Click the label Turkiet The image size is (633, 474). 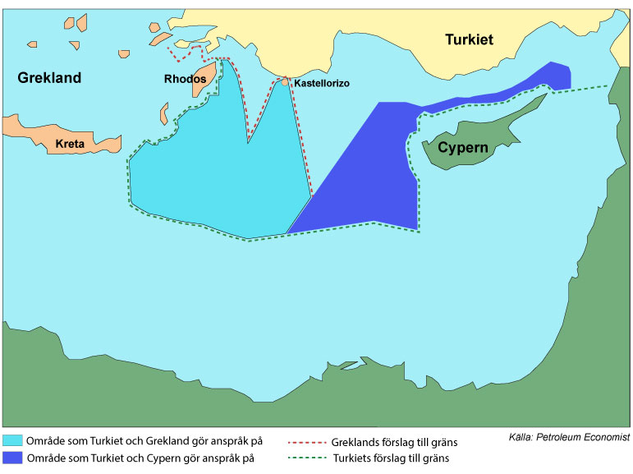coord(469,39)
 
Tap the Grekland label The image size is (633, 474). coord(49,78)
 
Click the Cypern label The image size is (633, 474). coord(463,148)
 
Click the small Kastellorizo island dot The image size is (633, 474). coord(285,81)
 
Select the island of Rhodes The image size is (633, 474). coord(205,78)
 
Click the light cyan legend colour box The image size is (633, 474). coord(13,441)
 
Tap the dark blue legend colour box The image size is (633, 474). coord(13,458)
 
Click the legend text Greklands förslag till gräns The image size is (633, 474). coord(394,442)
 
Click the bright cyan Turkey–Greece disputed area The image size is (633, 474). coord(205,181)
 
